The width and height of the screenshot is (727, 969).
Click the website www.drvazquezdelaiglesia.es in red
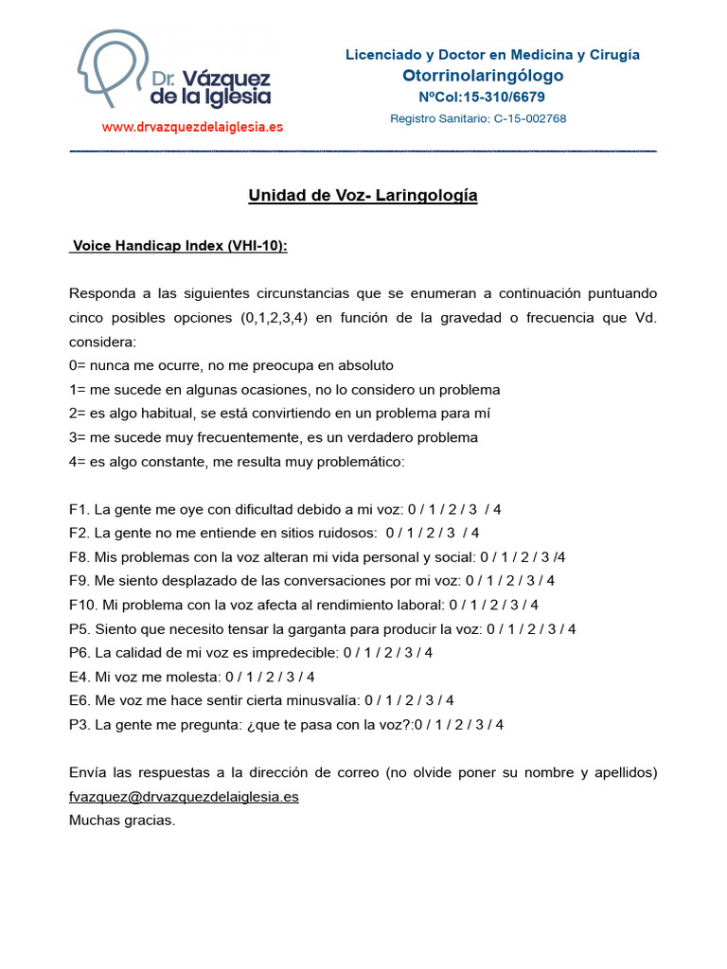(192, 127)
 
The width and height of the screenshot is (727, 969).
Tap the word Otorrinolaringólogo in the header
(483, 76)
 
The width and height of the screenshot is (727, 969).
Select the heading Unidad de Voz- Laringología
(363, 196)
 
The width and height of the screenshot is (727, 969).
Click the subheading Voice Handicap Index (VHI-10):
(180, 246)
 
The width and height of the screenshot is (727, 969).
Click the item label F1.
(78, 509)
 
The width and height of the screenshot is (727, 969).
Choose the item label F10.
(81, 605)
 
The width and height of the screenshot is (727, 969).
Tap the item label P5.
(79, 628)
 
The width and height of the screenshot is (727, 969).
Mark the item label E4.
(79, 677)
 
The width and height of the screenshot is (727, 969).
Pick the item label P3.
(79, 725)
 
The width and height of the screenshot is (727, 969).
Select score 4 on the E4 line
(310, 677)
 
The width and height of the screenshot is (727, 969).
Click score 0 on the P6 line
(347, 653)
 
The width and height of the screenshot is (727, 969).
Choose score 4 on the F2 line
(475, 533)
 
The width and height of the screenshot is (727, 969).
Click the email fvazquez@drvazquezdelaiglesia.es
(184, 797)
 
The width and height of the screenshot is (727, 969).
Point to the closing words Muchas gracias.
(122, 820)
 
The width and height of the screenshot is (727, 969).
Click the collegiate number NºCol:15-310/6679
(482, 97)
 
